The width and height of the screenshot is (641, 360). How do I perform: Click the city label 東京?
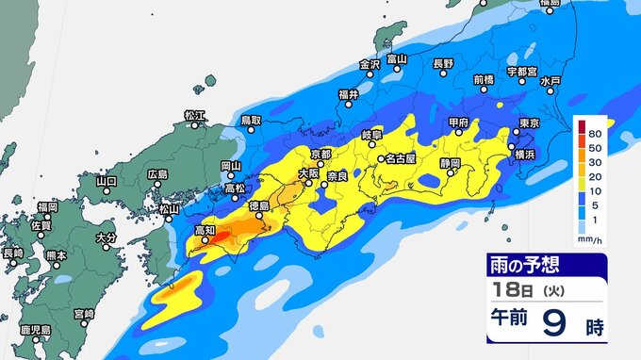[x=529, y=123]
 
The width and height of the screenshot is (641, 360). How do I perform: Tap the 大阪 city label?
[x=308, y=172]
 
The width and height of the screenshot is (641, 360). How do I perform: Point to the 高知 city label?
[x=205, y=229]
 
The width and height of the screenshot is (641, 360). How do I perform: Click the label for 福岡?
[x=48, y=205]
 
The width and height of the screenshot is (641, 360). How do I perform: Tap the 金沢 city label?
[x=369, y=64]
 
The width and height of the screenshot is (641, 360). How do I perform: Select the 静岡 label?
[x=451, y=163]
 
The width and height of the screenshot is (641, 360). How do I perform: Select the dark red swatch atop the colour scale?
[x=583, y=125]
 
